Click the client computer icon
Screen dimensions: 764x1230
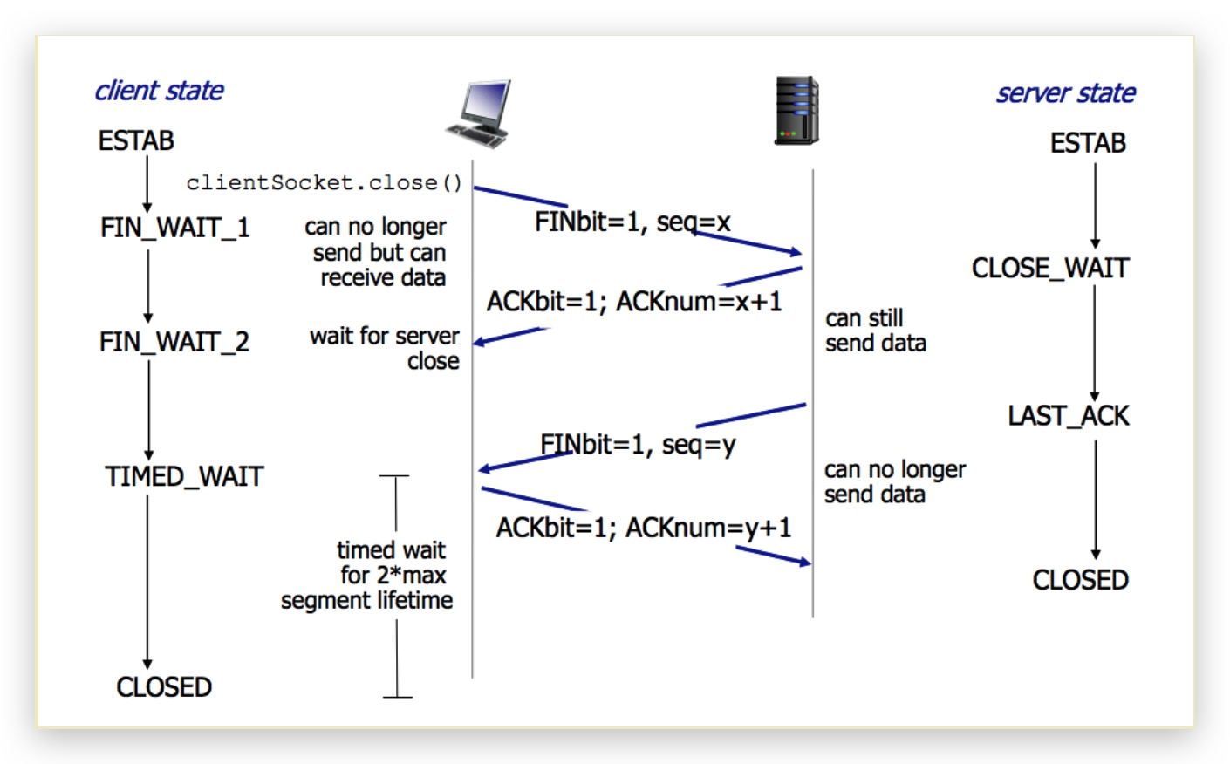[479, 113]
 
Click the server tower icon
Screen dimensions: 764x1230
[796, 110]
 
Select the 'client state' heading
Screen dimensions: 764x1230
[159, 91]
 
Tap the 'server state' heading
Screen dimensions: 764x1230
[1065, 93]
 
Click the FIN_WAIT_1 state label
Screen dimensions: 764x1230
[174, 228]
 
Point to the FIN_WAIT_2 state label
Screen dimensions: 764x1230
[174, 341]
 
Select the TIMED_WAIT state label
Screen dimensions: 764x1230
[183, 476]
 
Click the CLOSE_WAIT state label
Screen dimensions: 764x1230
[1049, 268]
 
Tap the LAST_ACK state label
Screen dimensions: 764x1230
[1068, 415]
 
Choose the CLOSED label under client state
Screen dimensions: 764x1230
[164, 687]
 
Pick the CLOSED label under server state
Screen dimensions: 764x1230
[1080, 580]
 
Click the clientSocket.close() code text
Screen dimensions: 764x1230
[324, 182]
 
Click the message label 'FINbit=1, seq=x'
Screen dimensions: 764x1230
[632, 222]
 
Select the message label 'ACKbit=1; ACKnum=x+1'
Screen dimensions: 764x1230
[634, 302]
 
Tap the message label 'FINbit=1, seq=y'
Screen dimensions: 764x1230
[638, 445]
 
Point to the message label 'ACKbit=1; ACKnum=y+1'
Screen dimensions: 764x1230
[644, 528]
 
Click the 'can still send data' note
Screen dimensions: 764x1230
[875, 331]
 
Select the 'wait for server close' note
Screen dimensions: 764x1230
[385, 348]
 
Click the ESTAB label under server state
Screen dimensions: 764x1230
[1087, 143]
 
